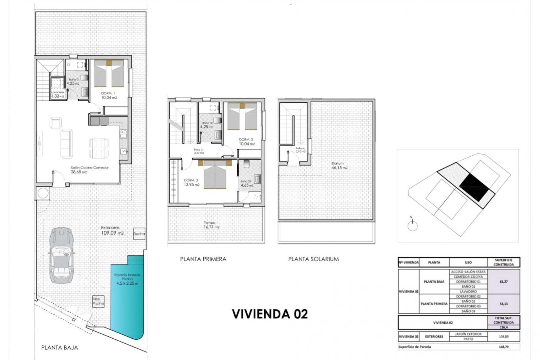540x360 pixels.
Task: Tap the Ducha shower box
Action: click(x=139, y=233)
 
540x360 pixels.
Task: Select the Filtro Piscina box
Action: click(x=98, y=301)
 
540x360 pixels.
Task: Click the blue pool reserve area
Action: click(x=127, y=298)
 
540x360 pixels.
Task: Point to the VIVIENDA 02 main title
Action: click(x=270, y=314)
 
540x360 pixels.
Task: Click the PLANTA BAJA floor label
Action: click(x=59, y=348)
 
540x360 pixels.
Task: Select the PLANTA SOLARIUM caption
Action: click(x=313, y=259)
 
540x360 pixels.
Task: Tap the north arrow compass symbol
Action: click(x=412, y=225)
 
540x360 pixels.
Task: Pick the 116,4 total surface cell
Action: click(x=503, y=327)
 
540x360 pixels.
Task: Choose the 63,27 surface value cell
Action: click(x=503, y=282)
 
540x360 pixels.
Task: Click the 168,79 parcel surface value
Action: click(x=503, y=347)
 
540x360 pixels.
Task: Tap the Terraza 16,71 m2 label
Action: click(x=211, y=225)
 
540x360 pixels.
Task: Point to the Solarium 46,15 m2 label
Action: click(x=339, y=166)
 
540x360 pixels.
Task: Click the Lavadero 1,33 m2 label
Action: click(x=58, y=94)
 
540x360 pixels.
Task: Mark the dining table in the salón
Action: click(x=98, y=148)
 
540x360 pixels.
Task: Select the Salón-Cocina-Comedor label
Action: click(x=89, y=170)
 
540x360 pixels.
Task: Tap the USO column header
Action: click(x=468, y=262)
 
